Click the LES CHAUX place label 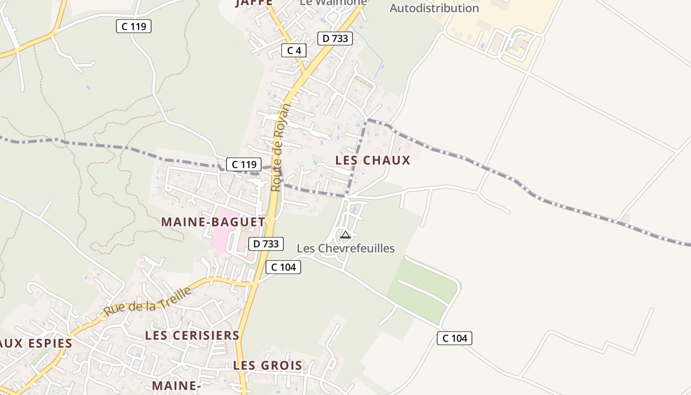373,160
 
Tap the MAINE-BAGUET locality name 213,222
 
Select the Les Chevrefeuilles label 345,248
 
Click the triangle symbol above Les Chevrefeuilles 345,235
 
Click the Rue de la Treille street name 148,302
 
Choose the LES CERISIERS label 192,336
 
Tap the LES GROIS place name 268,366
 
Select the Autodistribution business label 434,8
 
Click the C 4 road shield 294,50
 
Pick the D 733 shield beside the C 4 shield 335,39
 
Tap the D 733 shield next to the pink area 266,244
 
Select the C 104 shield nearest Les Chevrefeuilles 283,267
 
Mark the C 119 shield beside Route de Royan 244,164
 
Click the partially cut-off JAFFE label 254,3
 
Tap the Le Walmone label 334,2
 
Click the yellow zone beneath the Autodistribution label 494,30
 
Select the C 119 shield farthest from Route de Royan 134,26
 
